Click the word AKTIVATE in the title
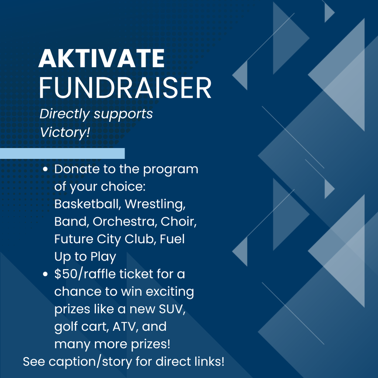102,58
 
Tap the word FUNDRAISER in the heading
125,88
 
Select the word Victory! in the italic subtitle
65,132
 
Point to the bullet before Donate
45,170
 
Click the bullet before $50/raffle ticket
45,275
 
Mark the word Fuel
173,239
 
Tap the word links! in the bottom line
207,361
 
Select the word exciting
170,292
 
